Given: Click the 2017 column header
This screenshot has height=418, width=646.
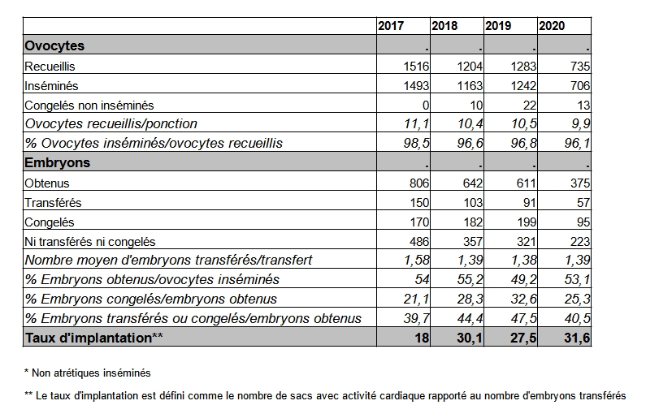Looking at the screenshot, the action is (x=391, y=26).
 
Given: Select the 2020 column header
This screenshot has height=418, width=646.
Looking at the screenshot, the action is (x=552, y=26).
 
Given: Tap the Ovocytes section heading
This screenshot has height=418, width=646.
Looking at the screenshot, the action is (x=54, y=45).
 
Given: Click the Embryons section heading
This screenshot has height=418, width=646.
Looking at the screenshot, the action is (x=57, y=162).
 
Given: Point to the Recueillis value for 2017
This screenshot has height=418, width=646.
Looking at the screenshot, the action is (x=416, y=66).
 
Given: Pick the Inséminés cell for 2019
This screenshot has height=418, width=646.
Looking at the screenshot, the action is (x=523, y=85).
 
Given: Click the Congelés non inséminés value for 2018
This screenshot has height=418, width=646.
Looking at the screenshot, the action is (x=476, y=106).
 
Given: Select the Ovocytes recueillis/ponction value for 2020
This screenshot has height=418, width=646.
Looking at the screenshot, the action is (x=580, y=123).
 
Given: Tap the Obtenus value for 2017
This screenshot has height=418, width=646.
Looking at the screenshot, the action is (x=419, y=183).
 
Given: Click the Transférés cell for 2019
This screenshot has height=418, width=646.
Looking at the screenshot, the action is (x=530, y=202).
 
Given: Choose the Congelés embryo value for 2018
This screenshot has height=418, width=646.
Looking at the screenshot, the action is (x=473, y=222).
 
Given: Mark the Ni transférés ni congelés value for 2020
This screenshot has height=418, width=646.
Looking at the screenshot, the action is (x=580, y=241).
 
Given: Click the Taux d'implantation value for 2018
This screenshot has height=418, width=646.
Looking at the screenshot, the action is (x=470, y=338).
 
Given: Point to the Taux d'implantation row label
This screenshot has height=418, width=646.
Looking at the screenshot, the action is (x=94, y=338).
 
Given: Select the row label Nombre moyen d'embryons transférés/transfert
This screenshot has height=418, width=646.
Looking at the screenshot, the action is (x=168, y=260).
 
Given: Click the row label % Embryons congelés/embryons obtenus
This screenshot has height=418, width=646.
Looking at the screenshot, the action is (x=151, y=299).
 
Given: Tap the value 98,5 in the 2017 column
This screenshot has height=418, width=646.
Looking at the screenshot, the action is (x=417, y=143).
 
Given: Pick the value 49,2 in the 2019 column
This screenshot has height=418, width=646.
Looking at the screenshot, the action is (x=523, y=279).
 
